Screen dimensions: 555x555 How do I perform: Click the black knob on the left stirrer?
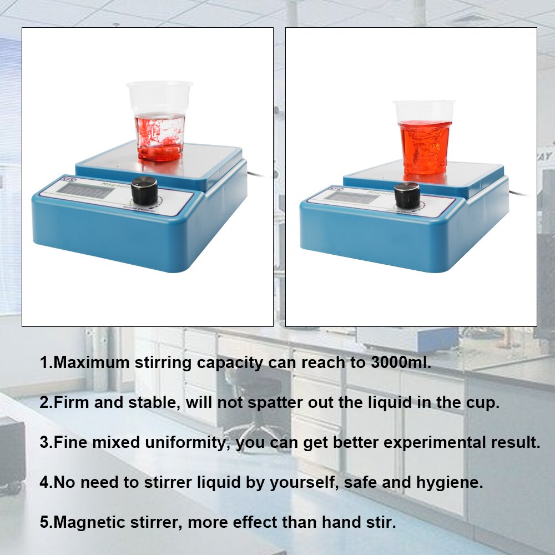144,190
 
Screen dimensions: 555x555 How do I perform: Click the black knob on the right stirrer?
407,195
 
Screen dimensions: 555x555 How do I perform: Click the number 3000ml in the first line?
398,363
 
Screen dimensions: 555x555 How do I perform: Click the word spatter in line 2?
273,402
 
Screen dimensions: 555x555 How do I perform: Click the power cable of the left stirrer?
259,174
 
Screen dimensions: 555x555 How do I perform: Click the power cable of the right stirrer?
522,193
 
